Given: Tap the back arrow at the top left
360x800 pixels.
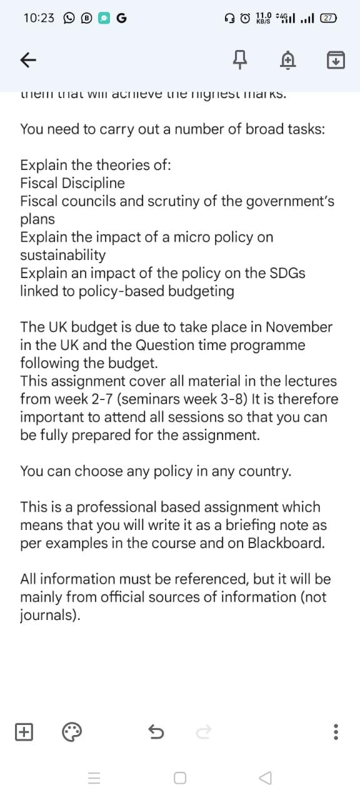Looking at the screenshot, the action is [x=27, y=60].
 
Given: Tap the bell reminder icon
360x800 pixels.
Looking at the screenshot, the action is [x=287, y=60].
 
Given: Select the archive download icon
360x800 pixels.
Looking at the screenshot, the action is [x=336, y=60].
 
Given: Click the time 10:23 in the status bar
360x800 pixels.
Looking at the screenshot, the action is [x=39, y=18].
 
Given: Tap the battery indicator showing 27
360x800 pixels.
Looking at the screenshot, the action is [x=328, y=18].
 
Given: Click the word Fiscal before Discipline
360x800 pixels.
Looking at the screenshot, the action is [x=37, y=183].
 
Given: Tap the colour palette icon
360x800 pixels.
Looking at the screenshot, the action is [x=72, y=731].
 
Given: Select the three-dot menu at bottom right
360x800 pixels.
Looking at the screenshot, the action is [x=336, y=731].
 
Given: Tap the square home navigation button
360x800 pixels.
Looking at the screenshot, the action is [x=180, y=778].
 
